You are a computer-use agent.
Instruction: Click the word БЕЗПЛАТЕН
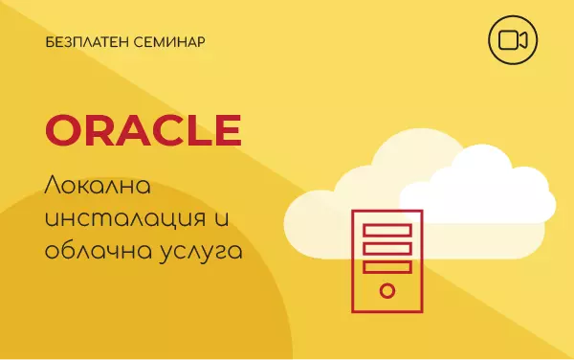point(85,43)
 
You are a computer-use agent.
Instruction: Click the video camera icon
point(512,39)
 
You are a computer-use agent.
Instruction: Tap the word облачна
point(94,253)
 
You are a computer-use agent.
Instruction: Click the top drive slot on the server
point(386,230)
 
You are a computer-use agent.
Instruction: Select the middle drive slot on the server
point(386,248)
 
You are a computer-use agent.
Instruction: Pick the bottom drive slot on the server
point(386,266)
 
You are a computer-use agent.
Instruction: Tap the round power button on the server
point(386,290)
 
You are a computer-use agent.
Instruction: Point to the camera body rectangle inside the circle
point(508,39)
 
